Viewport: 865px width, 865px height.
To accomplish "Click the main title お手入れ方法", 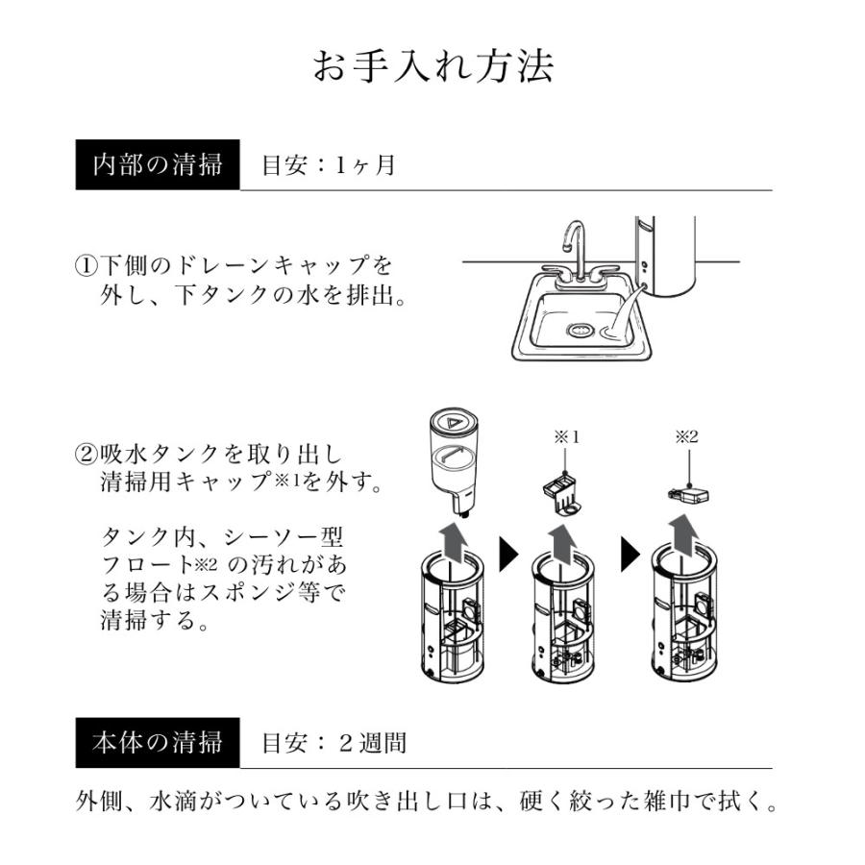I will point(432,67).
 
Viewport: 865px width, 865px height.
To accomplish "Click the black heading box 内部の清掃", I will point(158,164).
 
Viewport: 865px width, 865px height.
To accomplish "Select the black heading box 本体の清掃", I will point(158,743).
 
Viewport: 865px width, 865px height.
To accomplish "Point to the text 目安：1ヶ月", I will point(329,165).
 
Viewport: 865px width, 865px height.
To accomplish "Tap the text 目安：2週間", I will point(334,743).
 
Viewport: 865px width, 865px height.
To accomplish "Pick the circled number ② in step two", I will point(86,453).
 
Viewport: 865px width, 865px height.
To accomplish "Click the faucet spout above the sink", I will point(573,240).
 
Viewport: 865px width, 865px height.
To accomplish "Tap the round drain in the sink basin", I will point(581,331).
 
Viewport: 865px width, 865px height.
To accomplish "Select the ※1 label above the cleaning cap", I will point(568,436).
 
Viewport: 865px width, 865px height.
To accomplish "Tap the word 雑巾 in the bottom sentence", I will point(669,801).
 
